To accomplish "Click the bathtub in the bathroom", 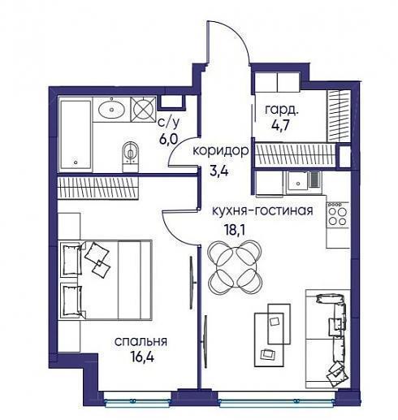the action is pos(76,134).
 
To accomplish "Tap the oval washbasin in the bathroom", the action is pos(111,110).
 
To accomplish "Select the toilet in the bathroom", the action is pos(131,156).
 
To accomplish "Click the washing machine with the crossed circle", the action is pos(143,110).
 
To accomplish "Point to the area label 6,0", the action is pos(169,140).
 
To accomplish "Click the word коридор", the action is pos(220,150).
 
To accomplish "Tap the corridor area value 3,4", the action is pos(219,171).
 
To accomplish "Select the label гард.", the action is pos(282,110).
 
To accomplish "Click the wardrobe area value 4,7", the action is pos(282,126).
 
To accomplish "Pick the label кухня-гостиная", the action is pos(262,210).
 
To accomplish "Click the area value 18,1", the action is pos(235,230).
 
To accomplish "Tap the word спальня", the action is pos(141,342).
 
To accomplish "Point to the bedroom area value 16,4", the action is pos(142,357).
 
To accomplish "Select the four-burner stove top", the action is pos(338,215).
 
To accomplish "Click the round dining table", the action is pos(235,267).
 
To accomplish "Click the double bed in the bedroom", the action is pos(106,279).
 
